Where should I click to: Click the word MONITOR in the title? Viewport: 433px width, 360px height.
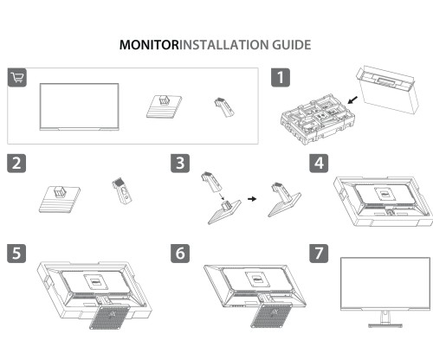pyautogui.click(x=148, y=43)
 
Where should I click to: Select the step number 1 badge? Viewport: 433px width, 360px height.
pyautogui.click(x=280, y=78)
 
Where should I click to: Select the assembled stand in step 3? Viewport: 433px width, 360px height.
pyautogui.click(x=282, y=197)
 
